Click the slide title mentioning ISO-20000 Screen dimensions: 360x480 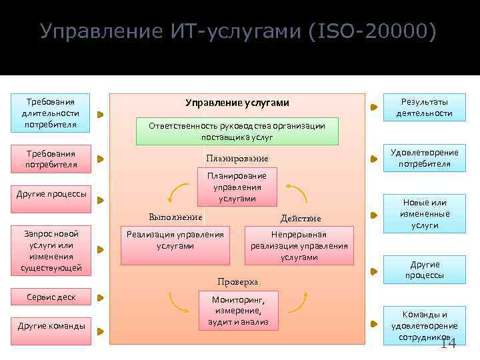tap(239, 32)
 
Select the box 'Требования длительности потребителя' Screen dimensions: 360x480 tap(51, 113)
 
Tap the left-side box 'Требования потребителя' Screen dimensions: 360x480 tap(51, 159)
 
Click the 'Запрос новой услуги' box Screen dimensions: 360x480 tap(51, 251)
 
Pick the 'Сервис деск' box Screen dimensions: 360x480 tap(51, 297)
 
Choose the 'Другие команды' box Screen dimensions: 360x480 tap(51, 326)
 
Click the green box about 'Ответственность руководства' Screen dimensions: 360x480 tap(237, 131)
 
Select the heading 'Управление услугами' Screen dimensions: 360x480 tap(237, 103)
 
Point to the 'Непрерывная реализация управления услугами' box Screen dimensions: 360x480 tap(299, 245)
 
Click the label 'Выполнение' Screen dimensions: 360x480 tap(175, 217)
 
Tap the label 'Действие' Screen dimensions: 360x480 tap(301, 218)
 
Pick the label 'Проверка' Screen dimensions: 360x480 tap(237, 281)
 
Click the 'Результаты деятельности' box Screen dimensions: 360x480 tap(424, 107)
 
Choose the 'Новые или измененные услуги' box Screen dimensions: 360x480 tap(424, 214)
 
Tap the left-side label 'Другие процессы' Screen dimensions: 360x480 tap(51, 194)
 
